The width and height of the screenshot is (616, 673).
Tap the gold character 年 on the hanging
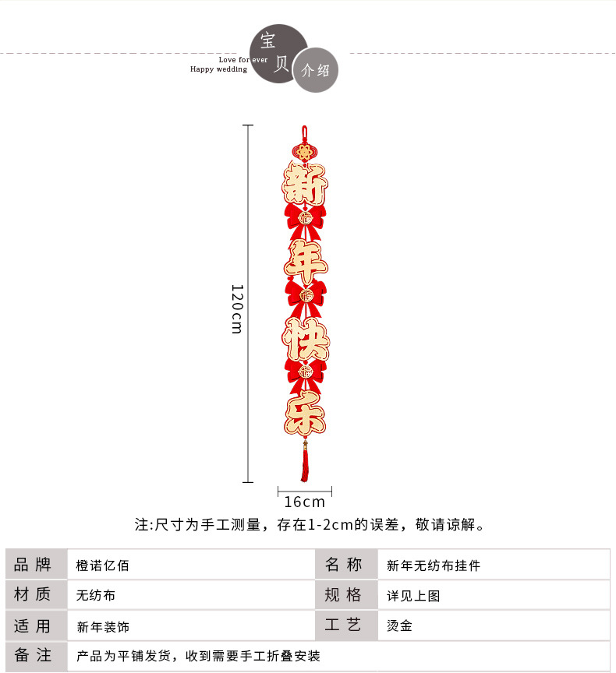305,260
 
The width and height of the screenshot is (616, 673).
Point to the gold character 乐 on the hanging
305,414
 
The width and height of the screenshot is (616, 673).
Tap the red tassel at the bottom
305,464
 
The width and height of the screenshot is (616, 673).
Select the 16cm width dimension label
304,502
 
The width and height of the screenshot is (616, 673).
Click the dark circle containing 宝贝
278,51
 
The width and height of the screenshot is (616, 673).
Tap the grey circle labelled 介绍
315,70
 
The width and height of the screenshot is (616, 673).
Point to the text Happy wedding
218,69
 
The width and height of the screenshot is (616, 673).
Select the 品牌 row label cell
33,565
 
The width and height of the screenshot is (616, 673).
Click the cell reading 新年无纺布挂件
434,566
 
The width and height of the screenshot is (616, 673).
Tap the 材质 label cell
33,595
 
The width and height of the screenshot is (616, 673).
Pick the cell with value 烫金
400,625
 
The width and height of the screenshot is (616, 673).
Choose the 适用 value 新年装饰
103,626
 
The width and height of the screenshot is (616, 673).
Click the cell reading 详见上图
414,596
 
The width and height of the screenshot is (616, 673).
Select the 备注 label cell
33,656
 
